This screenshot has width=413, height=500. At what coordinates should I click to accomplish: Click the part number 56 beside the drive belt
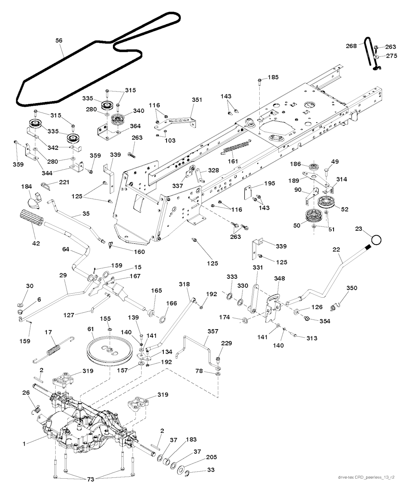click(x=59, y=40)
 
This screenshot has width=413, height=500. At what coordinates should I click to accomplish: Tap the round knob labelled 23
click(x=376, y=240)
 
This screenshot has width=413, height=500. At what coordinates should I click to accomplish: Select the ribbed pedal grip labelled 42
click(x=31, y=218)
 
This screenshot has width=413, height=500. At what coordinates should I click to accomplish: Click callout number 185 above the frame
click(x=273, y=77)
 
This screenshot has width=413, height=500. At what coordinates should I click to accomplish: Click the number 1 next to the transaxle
click(x=24, y=444)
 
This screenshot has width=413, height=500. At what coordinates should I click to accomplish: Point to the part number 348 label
click(x=280, y=278)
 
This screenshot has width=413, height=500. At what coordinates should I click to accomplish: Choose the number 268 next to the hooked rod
click(x=351, y=46)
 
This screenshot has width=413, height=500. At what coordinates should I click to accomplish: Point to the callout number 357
click(x=213, y=331)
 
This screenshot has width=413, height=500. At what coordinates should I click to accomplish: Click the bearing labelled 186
click(x=313, y=167)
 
